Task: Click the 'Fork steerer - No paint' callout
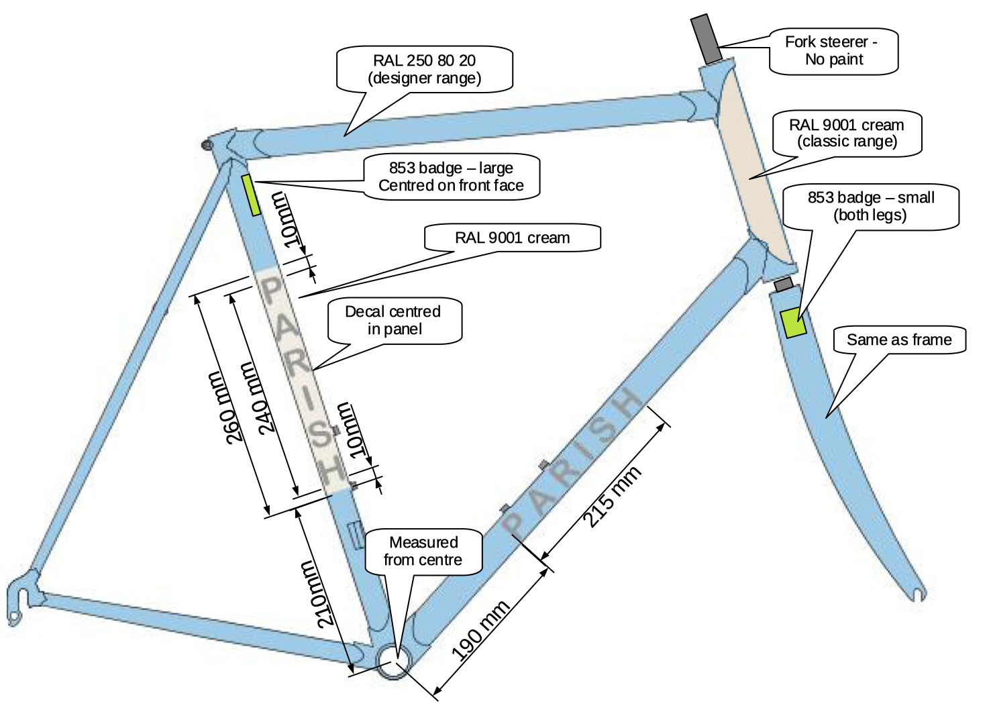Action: point(833,51)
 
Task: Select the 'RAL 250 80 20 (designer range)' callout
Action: point(424,69)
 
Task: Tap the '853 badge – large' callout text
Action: point(451,176)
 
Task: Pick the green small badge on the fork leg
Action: point(792,323)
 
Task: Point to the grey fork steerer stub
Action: point(707,38)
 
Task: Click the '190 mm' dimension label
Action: point(480,630)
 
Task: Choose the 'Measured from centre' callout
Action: point(423,551)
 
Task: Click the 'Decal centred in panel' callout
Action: point(394,320)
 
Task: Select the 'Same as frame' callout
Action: point(898,340)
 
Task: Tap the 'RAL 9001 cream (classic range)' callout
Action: point(847,133)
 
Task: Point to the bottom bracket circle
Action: point(393,663)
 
